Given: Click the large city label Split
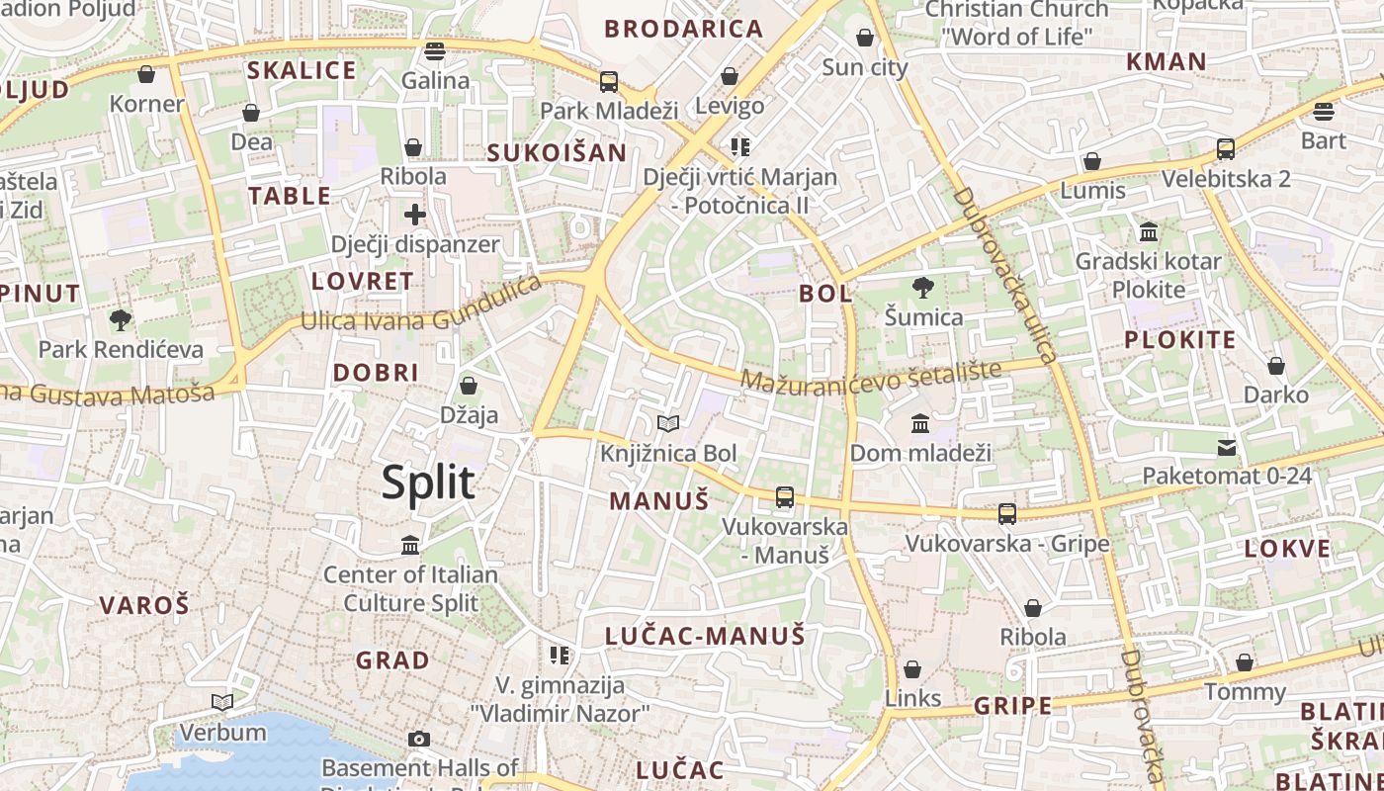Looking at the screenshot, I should pos(428,483).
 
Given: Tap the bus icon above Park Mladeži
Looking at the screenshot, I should pos(609,81).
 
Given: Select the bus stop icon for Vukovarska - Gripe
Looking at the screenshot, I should pos(1007,514).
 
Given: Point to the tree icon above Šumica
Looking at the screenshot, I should pos(923,288).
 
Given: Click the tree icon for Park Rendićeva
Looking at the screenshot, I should pos(121,319).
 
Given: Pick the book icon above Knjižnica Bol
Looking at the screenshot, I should pos(668,424).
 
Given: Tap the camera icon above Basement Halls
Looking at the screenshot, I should pos(419,739).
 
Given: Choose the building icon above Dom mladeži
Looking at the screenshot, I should pos(920,423).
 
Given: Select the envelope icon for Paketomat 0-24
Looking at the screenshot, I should pos(1227,447).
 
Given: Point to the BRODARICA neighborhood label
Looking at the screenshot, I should pos(684,29).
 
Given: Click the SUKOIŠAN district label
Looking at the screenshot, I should pos(558,152).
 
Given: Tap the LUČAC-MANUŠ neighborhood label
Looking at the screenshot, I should pos(705,636).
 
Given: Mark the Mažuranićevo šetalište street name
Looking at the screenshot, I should pos(871,375).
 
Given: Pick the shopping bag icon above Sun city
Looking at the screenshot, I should pos(865,39).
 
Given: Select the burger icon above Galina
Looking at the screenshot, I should pos(435,50).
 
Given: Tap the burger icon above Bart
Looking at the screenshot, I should pos(1324,111).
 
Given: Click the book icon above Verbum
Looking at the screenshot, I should pos(222,702).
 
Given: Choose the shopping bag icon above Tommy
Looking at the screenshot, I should pos(1245,662).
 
